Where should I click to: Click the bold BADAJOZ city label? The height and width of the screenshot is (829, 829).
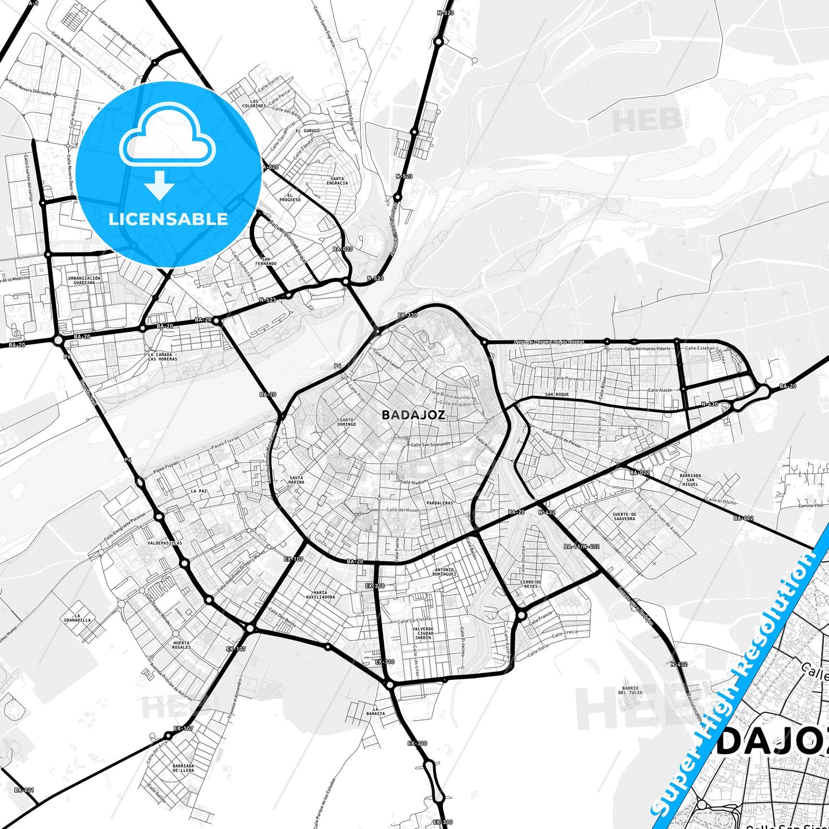point(413,415)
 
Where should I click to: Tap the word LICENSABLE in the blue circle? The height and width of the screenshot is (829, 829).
point(168,219)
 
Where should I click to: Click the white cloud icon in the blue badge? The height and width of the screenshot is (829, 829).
point(168,136)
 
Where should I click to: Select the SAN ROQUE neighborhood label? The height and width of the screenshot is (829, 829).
point(557,395)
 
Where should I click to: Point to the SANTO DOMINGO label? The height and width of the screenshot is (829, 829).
point(347,422)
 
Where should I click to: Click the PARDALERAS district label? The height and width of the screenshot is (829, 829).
point(440,503)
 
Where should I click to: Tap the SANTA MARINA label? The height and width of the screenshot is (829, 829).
point(297,480)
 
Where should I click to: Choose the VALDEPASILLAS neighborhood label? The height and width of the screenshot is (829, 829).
point(165,542)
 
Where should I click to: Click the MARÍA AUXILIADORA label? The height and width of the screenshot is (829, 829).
point(320,594)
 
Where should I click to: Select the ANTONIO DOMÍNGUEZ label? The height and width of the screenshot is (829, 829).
point(445,571)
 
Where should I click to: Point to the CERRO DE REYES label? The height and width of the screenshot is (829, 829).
point(530,584)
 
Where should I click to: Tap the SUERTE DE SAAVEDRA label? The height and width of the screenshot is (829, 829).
point(624,516)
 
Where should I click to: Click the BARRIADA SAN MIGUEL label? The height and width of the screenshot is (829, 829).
point(690,480)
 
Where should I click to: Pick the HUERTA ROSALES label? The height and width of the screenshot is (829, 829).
point(181,645)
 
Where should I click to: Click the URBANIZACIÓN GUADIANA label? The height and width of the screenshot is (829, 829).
point(84,280)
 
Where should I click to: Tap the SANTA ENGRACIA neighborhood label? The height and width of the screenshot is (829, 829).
point(337,181)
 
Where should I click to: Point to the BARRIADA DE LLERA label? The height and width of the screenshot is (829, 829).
point(183,768)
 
